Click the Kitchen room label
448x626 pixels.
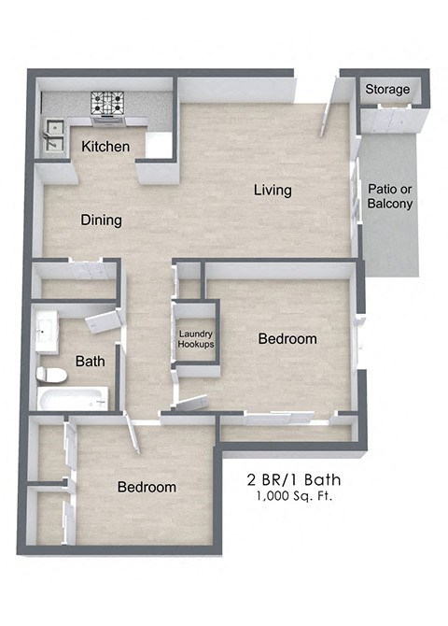click(x=105, y=147)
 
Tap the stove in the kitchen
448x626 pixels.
click(x=108, y=106)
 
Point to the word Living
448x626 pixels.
click(x=273, y=190)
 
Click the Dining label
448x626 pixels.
click(x=101, y=221)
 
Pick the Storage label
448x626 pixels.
click(x=387, y=89)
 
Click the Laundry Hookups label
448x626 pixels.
click(x=196, y=339)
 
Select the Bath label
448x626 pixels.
click(x=90, y=360)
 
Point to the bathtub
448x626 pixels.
click(x=73, y=400)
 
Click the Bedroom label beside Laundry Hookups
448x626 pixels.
click(x=287, y=339)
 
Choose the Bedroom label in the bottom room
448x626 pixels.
click(x=147, y=487)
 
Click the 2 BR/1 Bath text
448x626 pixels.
click(x=294, y=480)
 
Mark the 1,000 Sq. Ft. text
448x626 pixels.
click(x=294, y=496)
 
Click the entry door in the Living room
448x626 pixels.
click(x=329, y=111)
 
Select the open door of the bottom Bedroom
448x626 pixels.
click(x=130, y=434)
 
